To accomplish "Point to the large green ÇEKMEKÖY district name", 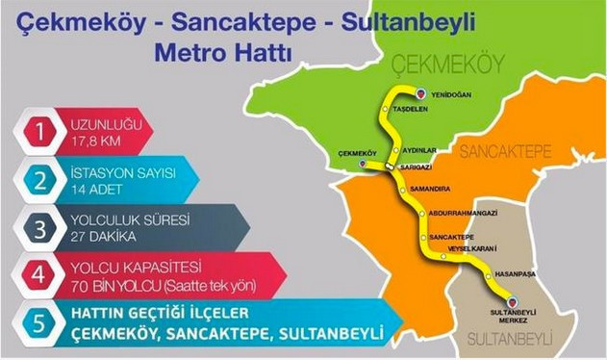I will coord(436,64).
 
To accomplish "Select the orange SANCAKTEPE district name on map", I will coord(504,152).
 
